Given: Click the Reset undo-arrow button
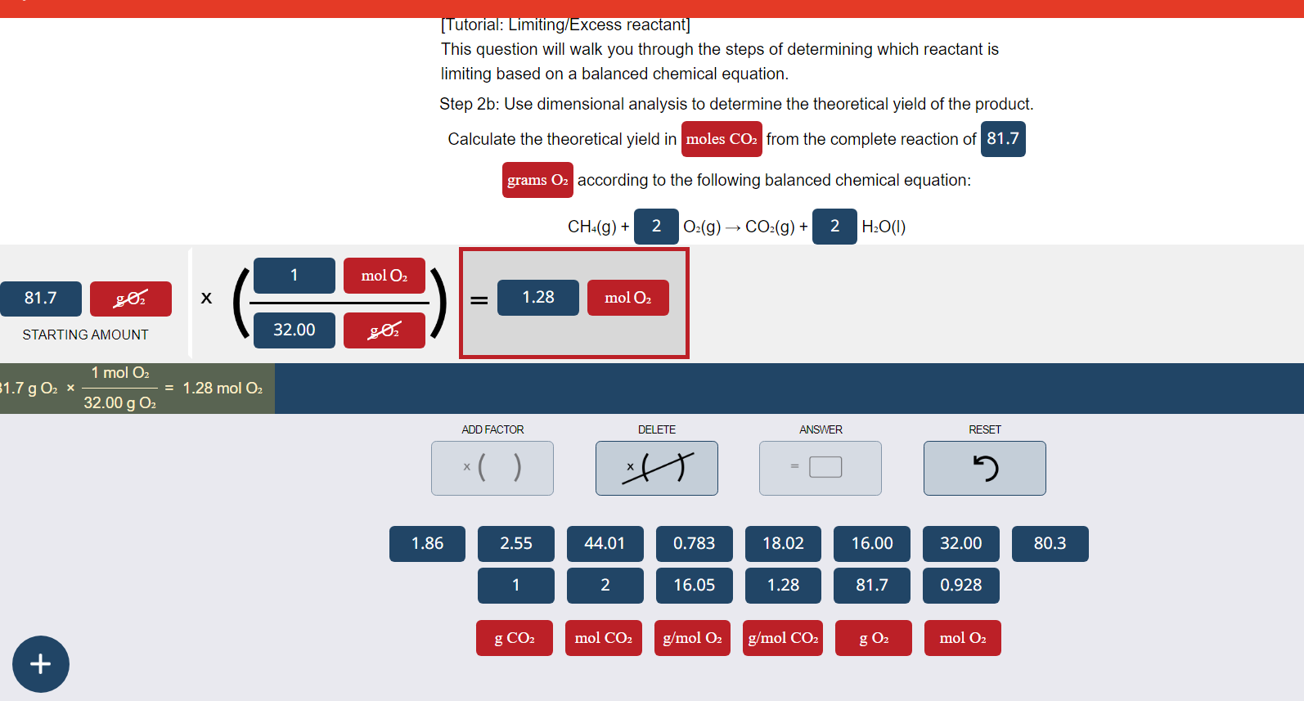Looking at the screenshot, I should [984, 468].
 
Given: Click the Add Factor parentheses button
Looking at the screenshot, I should [492, 468].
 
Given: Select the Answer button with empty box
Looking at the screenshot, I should [820, 468].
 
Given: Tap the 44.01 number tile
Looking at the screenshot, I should [605, 543].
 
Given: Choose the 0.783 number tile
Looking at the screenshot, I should [694, 543].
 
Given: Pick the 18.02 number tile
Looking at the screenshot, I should [783, 543].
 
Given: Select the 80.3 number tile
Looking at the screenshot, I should [1050, 543].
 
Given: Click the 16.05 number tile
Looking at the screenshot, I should [694, 585].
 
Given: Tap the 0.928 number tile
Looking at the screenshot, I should [960, 585].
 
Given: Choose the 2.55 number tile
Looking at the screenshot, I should [515, 543].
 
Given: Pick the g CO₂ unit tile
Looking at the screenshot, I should [515, 638].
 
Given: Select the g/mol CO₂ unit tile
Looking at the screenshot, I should [783, 638].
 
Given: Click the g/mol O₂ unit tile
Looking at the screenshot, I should [692, 638].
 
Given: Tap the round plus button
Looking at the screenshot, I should [41, 663].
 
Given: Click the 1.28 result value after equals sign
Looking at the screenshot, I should [537, 297].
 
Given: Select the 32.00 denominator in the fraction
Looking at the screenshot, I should [294, 330].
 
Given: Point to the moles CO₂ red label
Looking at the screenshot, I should [722, 139].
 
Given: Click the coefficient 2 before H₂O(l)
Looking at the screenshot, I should [834, 227].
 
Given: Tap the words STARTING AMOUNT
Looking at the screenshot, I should [85, 335].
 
